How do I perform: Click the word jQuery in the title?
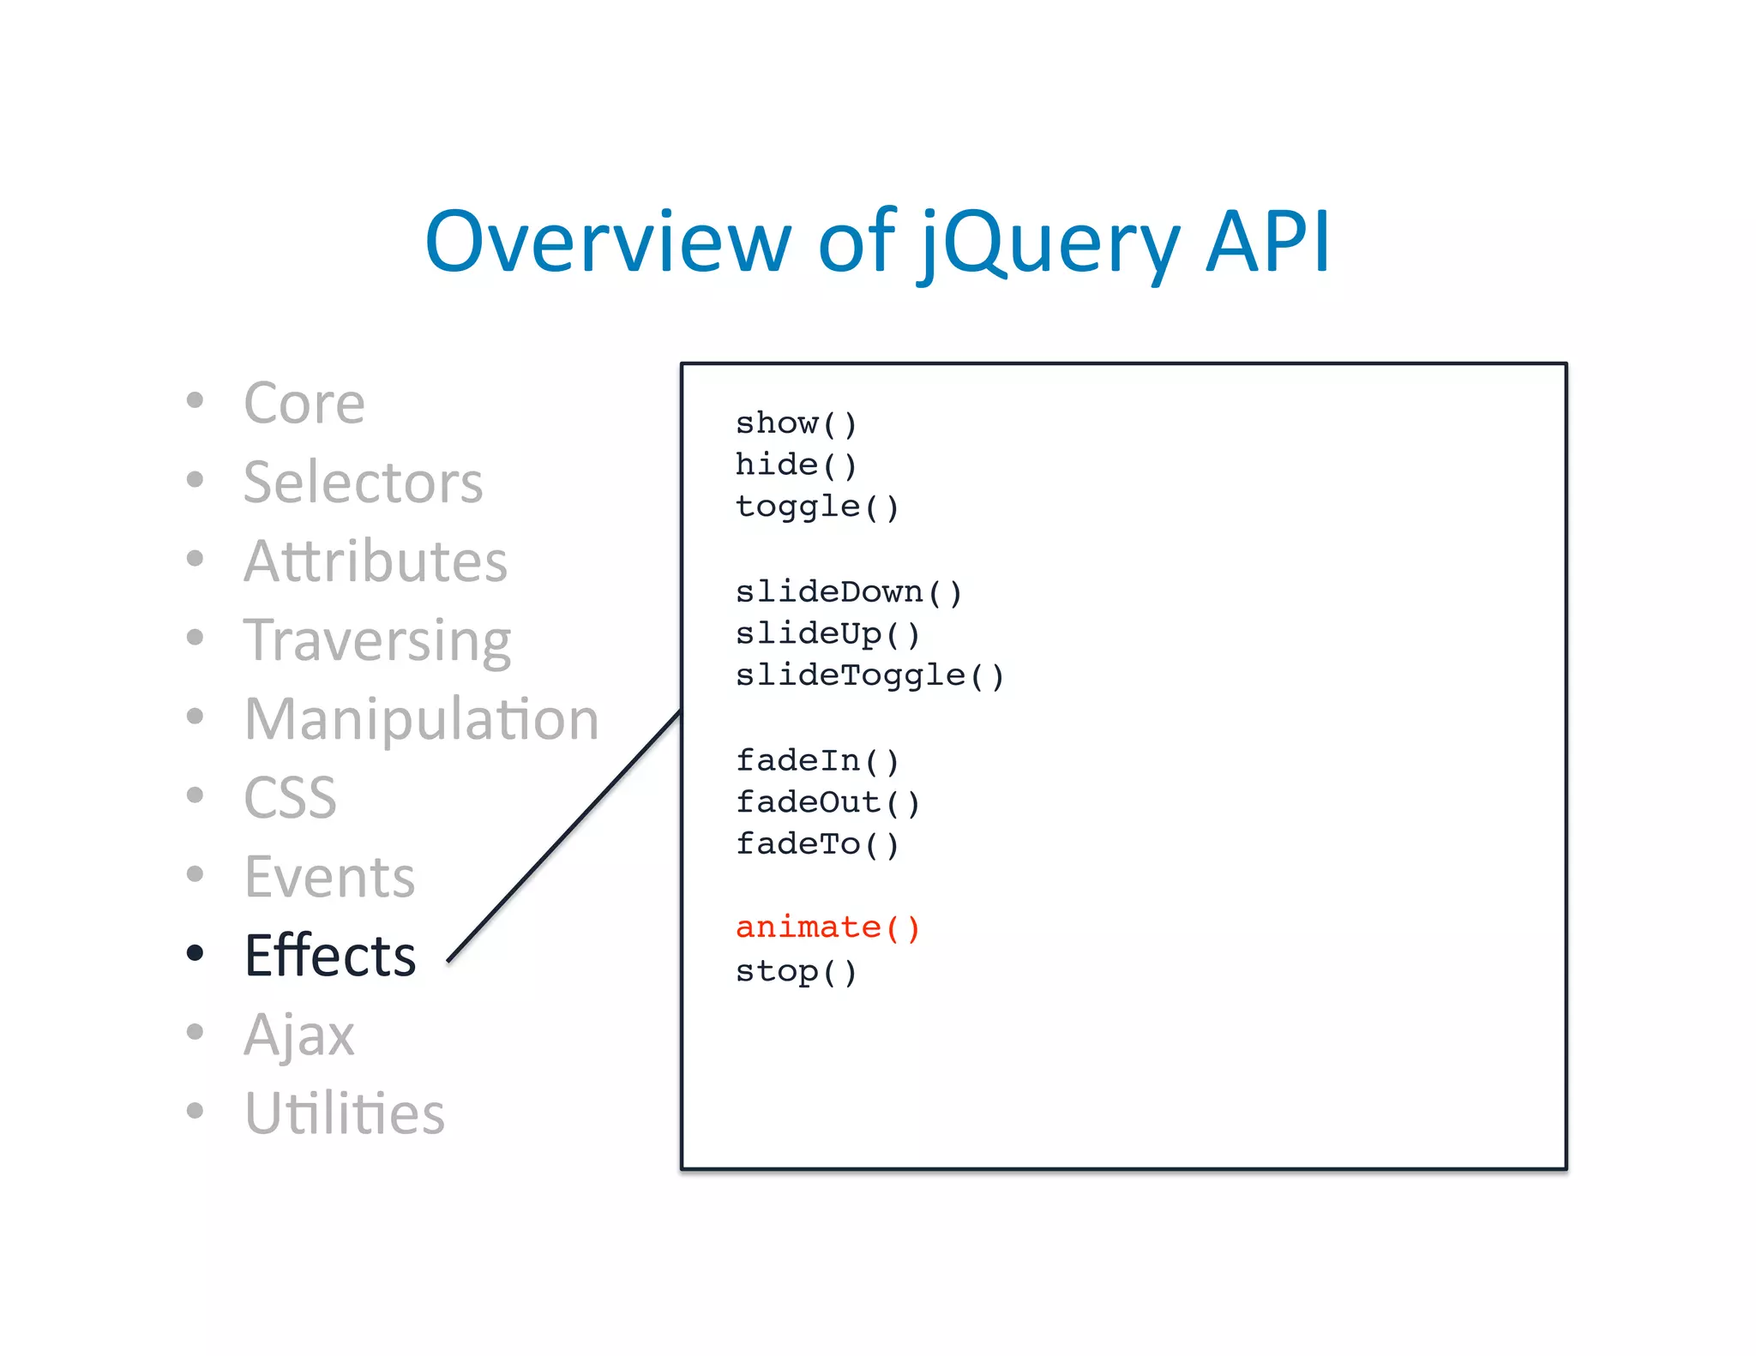coord(1050,244)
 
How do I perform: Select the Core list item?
coord(304,403)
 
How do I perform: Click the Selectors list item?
coord(363,482)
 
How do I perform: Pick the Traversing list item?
coord(377,641)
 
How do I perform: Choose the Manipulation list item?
coord(421,718)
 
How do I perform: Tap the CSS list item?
coord(290,798)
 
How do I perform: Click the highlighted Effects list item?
coord(330,956)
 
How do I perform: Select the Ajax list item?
coord(298,1035)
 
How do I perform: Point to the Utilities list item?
coord(344,1113)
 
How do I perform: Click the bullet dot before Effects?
coord(195,952)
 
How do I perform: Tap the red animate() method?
coord(827,927)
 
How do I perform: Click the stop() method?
coord(796,971)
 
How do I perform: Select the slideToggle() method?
coord(869,675)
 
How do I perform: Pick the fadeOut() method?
coord(827,802)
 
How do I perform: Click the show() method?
coord(796,423)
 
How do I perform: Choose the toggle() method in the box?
coord(816,507)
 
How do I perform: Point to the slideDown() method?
coord(849,591)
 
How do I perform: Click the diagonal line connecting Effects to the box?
coord(565,836)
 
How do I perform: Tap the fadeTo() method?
coord(816,844)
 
